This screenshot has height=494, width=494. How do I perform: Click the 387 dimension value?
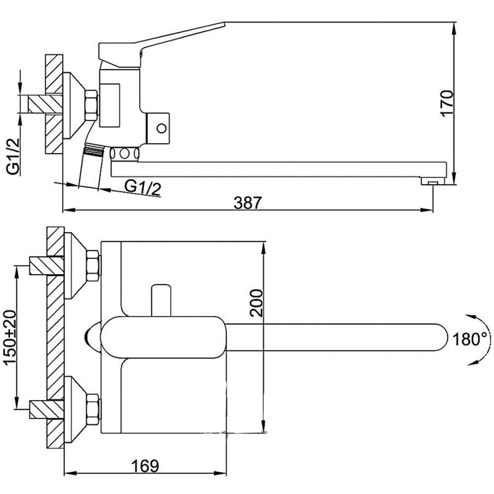coord(247,203)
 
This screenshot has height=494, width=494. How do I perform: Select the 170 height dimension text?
coord(447,104)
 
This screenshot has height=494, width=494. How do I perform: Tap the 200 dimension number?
coord(256,303)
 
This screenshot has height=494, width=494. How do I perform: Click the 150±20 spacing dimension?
coord(9,337)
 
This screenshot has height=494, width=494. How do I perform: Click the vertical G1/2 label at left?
coord(13,157)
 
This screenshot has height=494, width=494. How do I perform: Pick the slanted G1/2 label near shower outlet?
coord(143,187)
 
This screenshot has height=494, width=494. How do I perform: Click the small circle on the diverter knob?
coord(162,128)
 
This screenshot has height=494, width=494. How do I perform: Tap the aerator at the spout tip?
coord(433,181)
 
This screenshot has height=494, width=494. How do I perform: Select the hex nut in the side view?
coord(91,105)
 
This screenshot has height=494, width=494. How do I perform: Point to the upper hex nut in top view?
coord(93,266)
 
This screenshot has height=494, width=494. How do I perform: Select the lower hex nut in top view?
coord(93,409)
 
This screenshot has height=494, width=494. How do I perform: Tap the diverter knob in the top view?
coord(161,300)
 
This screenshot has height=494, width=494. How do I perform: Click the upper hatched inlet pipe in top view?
coord(46,266)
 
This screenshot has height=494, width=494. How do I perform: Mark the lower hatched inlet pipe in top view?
coord(46,409)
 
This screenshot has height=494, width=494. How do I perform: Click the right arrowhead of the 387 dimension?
coord(428,210)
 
